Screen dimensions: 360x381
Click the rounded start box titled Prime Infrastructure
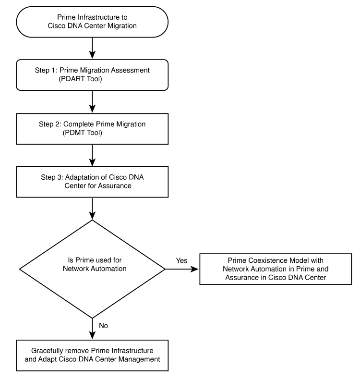pos(92,22)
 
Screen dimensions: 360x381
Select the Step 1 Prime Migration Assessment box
pos(92,75)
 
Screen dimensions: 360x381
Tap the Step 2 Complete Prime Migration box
pos(92,129)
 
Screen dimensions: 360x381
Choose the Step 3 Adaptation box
pos(92,182)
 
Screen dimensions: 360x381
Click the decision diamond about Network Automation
pos(92,269)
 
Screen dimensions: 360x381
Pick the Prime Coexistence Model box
pos(276,269)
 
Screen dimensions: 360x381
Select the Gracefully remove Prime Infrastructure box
pos(92,355)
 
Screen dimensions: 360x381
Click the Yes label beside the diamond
pos(181,260)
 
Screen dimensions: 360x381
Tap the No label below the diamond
pos(103,326)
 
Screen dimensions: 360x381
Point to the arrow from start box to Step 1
pos(92,48)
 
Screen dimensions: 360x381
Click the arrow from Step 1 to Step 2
pos(92,101)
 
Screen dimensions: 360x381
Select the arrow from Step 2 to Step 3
pos(92,155)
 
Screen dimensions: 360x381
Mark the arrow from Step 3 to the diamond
pos(92,209)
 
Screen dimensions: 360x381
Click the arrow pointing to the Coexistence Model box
pos(182,269)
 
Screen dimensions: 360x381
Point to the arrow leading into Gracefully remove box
pos(92,329)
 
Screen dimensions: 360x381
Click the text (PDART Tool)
pos(80,79)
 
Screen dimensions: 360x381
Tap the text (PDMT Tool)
pos(82,133)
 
